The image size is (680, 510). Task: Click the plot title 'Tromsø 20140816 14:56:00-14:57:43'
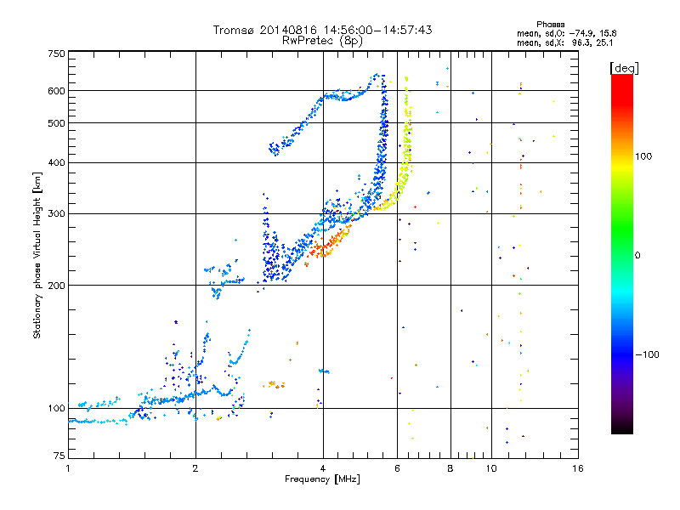coord(322,30)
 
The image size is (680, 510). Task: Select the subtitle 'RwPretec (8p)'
coord(322,41)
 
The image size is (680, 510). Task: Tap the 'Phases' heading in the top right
coord(550,25)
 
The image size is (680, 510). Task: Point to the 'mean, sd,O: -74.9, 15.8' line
coord(566,33)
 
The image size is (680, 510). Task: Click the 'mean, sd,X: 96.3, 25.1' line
coord(564,42)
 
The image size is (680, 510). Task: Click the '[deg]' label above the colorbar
coord(624,69)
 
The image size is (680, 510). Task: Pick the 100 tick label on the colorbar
coord(643,156)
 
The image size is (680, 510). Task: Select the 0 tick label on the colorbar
coord(637,255)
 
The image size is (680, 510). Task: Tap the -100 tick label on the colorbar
coord(647,354)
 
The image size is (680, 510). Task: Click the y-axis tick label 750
coord(56,54)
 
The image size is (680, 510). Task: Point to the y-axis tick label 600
coord(56,91)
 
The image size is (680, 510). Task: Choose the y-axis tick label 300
coord(56,213)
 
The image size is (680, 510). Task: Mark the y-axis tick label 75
coord(59,455)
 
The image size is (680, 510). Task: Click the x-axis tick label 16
coord(578,468)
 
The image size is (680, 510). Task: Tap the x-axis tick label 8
coord(450,468)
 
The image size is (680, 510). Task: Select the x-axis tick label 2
coord(195,468)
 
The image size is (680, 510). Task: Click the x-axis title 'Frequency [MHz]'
coord(322,479)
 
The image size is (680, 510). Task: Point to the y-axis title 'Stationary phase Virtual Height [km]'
coord(37,255)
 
